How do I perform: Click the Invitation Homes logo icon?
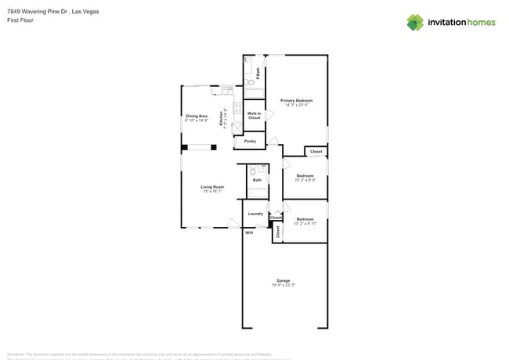click(414, 22)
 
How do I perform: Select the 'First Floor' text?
click(20, 21)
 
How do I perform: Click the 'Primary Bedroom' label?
click(296, 100)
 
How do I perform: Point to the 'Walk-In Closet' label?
click(254, 115)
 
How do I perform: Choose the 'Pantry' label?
click(250, 141)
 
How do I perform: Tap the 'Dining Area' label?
click(197, 116)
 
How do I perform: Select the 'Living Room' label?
click(212, 186)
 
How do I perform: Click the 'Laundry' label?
click(255, 213)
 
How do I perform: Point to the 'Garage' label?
click(283, 280)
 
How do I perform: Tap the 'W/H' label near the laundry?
click(249, 232)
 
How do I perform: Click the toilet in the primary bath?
click(250, 81)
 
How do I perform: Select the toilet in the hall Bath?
click(253, 171)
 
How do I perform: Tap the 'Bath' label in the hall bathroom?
click(257, 180)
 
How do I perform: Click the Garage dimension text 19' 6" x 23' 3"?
click(283, 285)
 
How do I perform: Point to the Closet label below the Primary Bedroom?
click(316, 151)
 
